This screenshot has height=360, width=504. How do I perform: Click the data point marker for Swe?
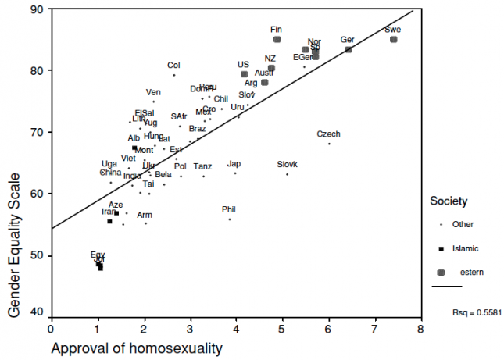point(394,39)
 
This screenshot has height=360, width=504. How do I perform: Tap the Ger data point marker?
point(349,49)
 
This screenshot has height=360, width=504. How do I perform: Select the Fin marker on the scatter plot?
point(277,39)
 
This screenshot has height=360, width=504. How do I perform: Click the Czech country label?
point(328,134)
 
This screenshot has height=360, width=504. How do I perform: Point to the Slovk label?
point(288,164)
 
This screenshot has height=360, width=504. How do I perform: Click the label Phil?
point(228,209)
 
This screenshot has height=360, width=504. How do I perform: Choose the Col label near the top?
point(173,66)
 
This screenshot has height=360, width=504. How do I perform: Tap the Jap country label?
point(234,164)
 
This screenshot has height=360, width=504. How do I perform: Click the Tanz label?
point(202,166)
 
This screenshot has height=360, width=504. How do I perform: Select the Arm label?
point(145,215)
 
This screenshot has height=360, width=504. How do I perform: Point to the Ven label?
point(153,92)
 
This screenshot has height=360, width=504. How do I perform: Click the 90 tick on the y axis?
point(37,9)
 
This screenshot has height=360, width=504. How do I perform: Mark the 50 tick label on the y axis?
point(37,256)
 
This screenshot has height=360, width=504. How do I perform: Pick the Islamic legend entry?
point(463,248)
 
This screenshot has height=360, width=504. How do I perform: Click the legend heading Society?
point(449,201)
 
